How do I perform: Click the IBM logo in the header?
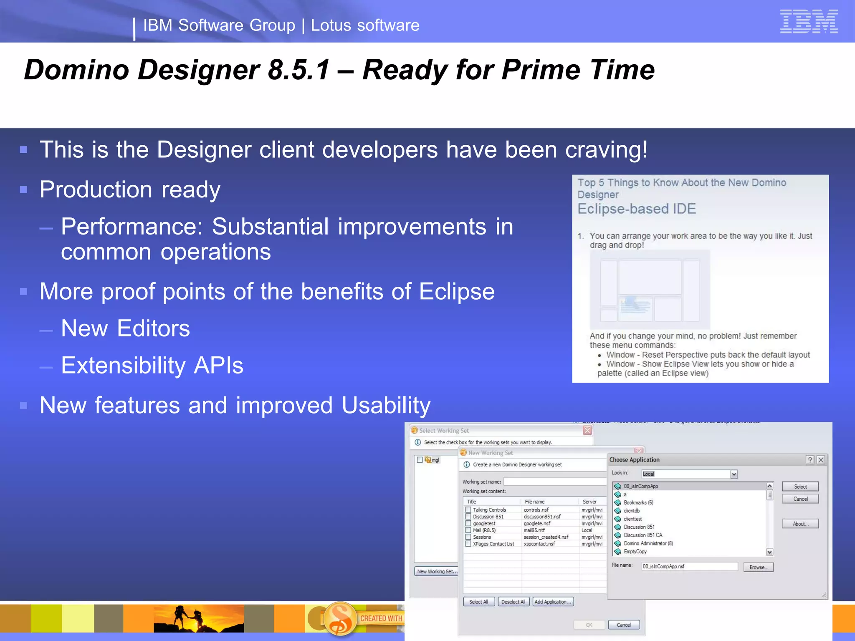pos(809,21)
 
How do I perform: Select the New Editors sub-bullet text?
pos(125,328)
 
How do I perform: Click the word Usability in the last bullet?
pos(386,405)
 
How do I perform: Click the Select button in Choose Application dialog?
pos(800,487)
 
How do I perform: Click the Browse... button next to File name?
pos(758,567)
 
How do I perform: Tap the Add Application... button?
pos(553,602)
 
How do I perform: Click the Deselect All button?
pos(513,602)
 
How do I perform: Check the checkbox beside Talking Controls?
pos(468,510)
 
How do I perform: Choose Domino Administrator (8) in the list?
pos(648,543)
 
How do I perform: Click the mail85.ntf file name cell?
pos(534,530)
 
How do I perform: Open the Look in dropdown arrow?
pos(734,474)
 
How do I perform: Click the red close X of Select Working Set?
pos(587,430)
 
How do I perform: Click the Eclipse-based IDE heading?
pos(636,209)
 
